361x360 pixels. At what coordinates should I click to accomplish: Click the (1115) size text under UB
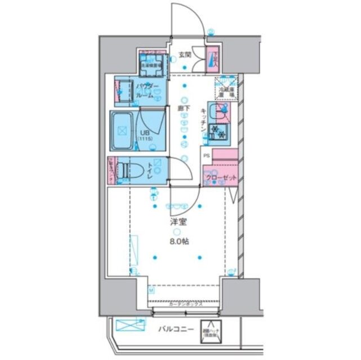(x=145, y=139)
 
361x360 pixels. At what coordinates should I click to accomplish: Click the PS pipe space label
(x=206, y=156)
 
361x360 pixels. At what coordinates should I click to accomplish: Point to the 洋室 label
(x=177, y=222)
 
